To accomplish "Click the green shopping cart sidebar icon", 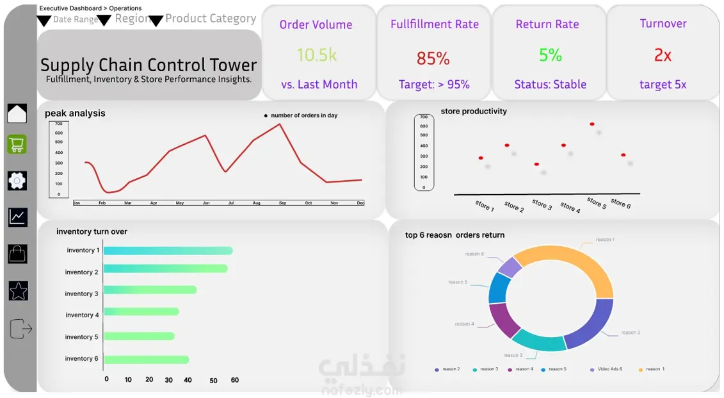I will click(x=17, y=145).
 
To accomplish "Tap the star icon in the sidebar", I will click(x=19, y=291).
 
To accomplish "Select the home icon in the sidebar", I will click(x=17, y=113).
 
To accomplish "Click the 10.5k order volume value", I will click(x=316, y=55).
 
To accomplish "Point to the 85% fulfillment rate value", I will click(x=433, y=59).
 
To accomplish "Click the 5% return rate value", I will click(x=550, y=56).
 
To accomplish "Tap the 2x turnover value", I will click(x=663, y=56).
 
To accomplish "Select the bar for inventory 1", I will click(x=168, y=251).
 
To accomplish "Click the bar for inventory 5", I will click(x=139, y=336).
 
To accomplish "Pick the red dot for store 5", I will click(x=592, y=124).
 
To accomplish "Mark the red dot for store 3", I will click(x=536, y=165).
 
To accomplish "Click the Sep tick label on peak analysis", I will click(x=282, y=203).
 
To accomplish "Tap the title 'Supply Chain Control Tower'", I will click(x=149, y=65).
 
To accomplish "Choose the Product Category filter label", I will click(x=211, y=19).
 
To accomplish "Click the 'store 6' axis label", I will click(x=620, y=204).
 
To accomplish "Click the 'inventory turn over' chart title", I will click(x=92, y=231).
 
